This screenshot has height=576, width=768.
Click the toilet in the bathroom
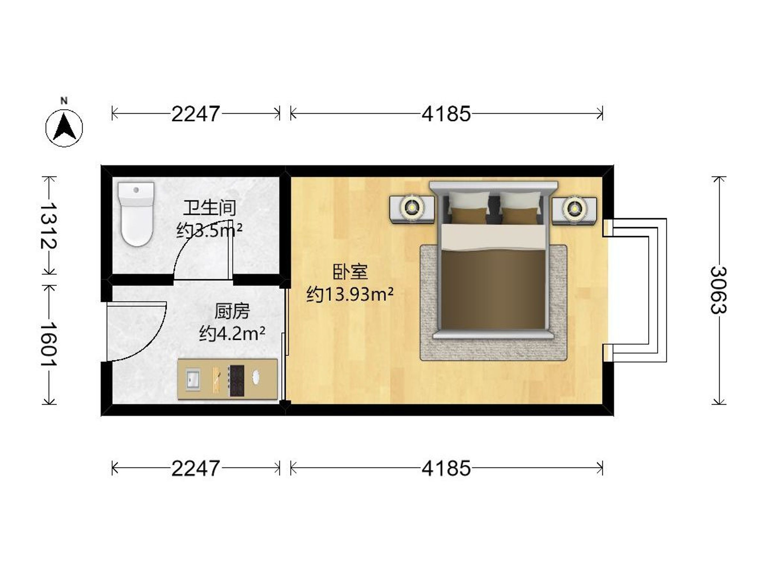136,214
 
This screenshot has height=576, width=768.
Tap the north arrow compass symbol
64,124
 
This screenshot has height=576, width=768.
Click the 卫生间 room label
210,208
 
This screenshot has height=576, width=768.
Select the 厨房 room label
232,311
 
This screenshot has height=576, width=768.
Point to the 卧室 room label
350,272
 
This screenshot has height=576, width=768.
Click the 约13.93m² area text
350,294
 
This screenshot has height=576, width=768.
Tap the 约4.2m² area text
232,334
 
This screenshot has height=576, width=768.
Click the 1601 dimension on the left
48,344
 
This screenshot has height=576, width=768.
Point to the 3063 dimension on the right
718,290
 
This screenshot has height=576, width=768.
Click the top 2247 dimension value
196,114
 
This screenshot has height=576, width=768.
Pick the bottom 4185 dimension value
446,468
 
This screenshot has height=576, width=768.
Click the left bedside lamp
412,208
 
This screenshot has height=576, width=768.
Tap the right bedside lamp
575,208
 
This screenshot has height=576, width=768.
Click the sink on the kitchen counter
193,379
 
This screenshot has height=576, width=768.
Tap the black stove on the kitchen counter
236,380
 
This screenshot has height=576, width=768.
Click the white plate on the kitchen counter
257,377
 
